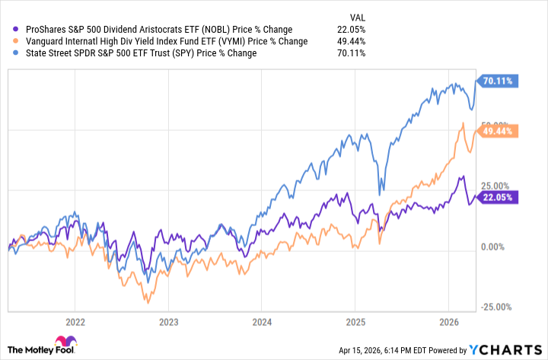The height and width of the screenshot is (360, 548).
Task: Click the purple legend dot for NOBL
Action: (7, 30)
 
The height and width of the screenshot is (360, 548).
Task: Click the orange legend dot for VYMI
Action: (7, 41)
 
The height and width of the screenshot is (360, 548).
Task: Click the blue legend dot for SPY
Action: (7, 53)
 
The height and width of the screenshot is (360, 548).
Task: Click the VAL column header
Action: (356, 16)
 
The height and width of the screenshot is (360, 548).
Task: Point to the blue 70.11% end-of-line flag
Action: (498, 80)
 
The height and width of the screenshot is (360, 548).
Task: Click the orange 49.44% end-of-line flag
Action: (498, 131)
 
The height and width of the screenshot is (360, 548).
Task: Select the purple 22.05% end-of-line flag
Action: (498, 197)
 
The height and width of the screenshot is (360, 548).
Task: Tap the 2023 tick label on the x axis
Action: (169, 322)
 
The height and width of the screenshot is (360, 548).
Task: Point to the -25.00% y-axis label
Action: (495, 307)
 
